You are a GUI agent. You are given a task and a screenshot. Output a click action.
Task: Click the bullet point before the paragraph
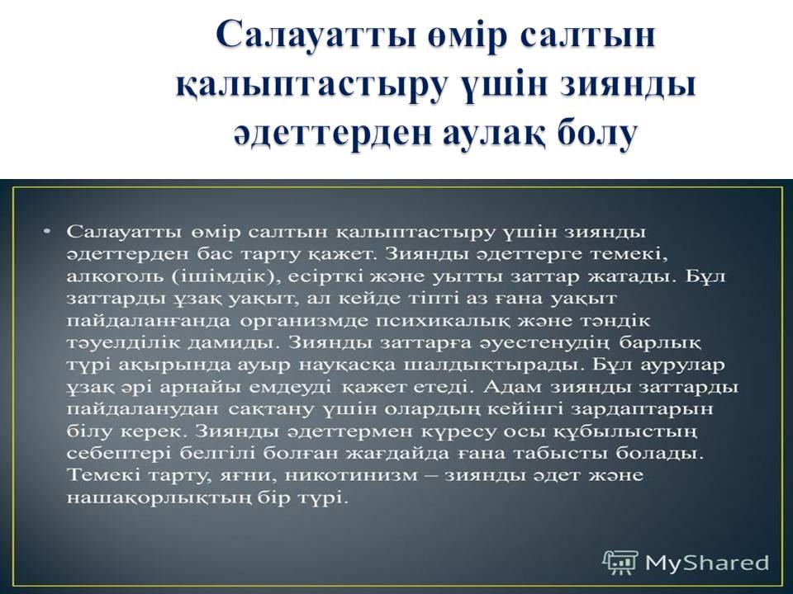tap(47, 231)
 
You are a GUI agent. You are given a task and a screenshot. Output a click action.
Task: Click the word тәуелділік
tap(123, 343)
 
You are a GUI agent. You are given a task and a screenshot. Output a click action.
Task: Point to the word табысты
tap(560, 454)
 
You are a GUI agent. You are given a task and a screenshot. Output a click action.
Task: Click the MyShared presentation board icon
tap(620, 563)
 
